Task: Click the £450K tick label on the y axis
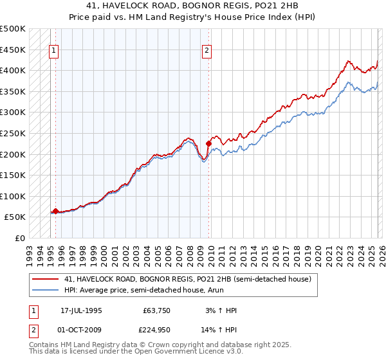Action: pos(13,50)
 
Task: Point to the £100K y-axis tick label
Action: pos(13,196)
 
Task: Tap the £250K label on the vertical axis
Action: pos(13,133)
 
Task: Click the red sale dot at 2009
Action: pos(208,143)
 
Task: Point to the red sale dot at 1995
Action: pos(56,211)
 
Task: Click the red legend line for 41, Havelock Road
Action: pos(46,279)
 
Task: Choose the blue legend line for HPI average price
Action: pos(46,290)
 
